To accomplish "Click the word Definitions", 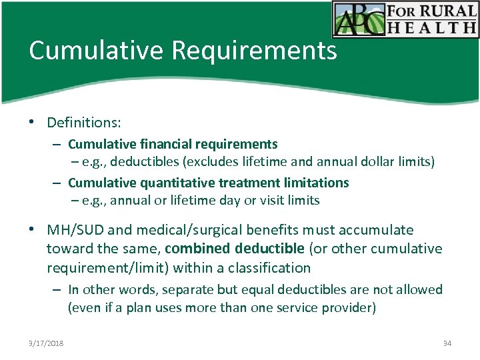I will click(x=84, y=123).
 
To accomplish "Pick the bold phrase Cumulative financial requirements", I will click(x=173, y=144).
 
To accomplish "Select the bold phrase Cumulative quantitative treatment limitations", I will click(x=208, y=183).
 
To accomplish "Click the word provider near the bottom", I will click(x=351, y=307).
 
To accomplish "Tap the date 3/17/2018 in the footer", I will click(x=46, y=343).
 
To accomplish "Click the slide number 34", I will click(x=447, y=343).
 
